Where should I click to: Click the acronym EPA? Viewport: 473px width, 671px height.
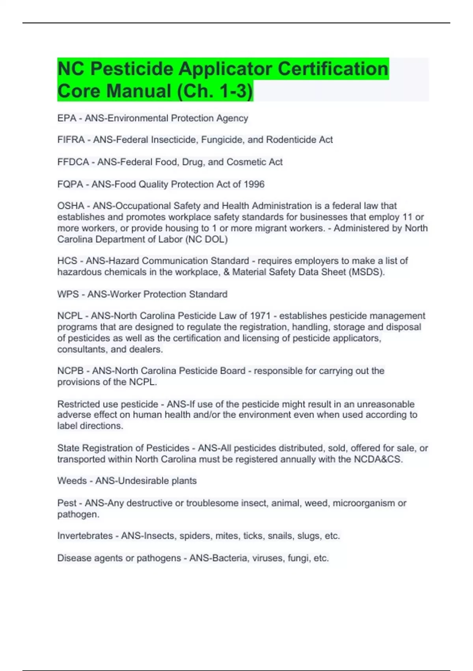[x=67, y=118]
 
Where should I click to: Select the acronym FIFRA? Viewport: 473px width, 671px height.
[x=71, y=140]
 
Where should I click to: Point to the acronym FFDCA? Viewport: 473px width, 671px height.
[x=73, y=162]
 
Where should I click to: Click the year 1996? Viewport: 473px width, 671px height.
[x=254, y=184]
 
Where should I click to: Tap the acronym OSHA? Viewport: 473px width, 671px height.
[x=71, y=206]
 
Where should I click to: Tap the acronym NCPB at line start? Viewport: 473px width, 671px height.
[x=71, y=371]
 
